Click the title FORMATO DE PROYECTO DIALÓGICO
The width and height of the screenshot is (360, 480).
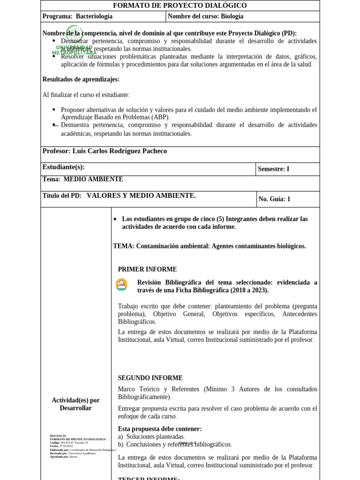coord(180,6)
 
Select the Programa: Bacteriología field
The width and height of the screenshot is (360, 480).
coord(78,16)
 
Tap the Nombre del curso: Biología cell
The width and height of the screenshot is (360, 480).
coord(206,16)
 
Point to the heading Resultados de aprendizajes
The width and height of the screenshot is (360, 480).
coord(81,79)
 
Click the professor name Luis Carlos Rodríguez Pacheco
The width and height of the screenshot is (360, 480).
coord(120,151)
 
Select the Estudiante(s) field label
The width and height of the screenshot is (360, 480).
coord(63,167)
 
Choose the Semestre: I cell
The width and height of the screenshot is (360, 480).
coord(274,169)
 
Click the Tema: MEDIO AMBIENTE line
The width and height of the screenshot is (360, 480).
coord(82,179)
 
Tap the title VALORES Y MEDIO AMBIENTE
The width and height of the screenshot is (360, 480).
coord(141,195)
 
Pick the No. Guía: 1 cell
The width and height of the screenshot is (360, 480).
coord(274,199)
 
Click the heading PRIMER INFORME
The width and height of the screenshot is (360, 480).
coord(147,270)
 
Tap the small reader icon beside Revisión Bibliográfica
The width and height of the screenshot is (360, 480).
coord(121,285)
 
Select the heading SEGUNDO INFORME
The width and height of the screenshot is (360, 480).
coord(150,378)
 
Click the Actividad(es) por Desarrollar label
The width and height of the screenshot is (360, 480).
coord(75,404)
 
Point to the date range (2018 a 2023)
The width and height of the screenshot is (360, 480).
coord(249,290)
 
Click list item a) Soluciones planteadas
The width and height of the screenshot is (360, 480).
coord(151,436)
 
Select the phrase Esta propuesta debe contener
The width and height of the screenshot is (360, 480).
coord(159,428)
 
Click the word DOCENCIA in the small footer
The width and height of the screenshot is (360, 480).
coord(58,435)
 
